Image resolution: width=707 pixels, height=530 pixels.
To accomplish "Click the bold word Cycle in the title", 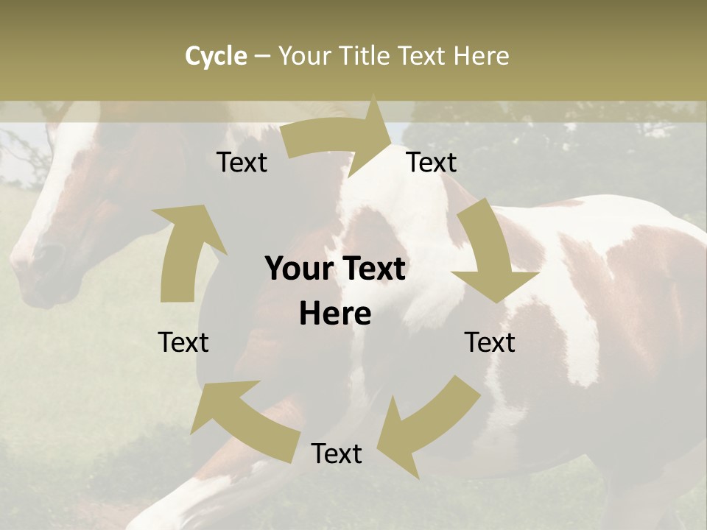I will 216,56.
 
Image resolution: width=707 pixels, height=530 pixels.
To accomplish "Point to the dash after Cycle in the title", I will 262,57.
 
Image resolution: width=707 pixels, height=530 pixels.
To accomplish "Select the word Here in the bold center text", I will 335,314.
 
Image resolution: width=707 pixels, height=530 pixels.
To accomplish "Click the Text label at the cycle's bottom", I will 337,453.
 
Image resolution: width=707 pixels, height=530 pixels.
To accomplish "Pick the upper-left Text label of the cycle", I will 242,162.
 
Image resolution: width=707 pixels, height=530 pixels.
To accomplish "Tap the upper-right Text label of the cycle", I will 432,162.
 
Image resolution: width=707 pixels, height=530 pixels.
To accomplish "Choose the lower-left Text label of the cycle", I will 184,342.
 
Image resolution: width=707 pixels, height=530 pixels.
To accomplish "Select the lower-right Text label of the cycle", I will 490,342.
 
